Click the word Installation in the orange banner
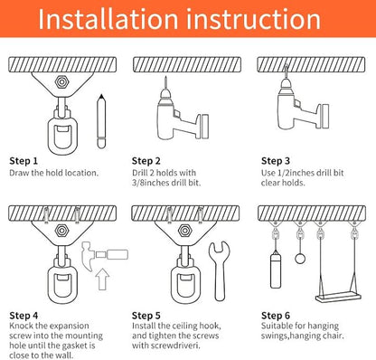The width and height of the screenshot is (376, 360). coord(108,19)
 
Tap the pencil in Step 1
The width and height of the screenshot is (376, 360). coord(101,121)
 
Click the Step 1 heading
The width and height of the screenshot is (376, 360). coord(23,161)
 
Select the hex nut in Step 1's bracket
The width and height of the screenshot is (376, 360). coord(61,82)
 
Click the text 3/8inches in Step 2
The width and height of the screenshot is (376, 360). coord(150,183)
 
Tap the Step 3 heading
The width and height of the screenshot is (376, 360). coord(276,161)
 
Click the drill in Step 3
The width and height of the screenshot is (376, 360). coord(301,102)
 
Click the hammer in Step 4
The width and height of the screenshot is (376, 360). coord(104,254)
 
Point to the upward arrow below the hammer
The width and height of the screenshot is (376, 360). coord(102,279)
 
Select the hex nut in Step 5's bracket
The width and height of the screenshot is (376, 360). coord(184,231)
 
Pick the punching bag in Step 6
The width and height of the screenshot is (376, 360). coord(276,270)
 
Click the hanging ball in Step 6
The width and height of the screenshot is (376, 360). coord(300,258)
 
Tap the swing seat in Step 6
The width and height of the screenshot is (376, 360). coord(338,297)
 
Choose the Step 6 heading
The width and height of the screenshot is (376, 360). coord(276,316)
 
